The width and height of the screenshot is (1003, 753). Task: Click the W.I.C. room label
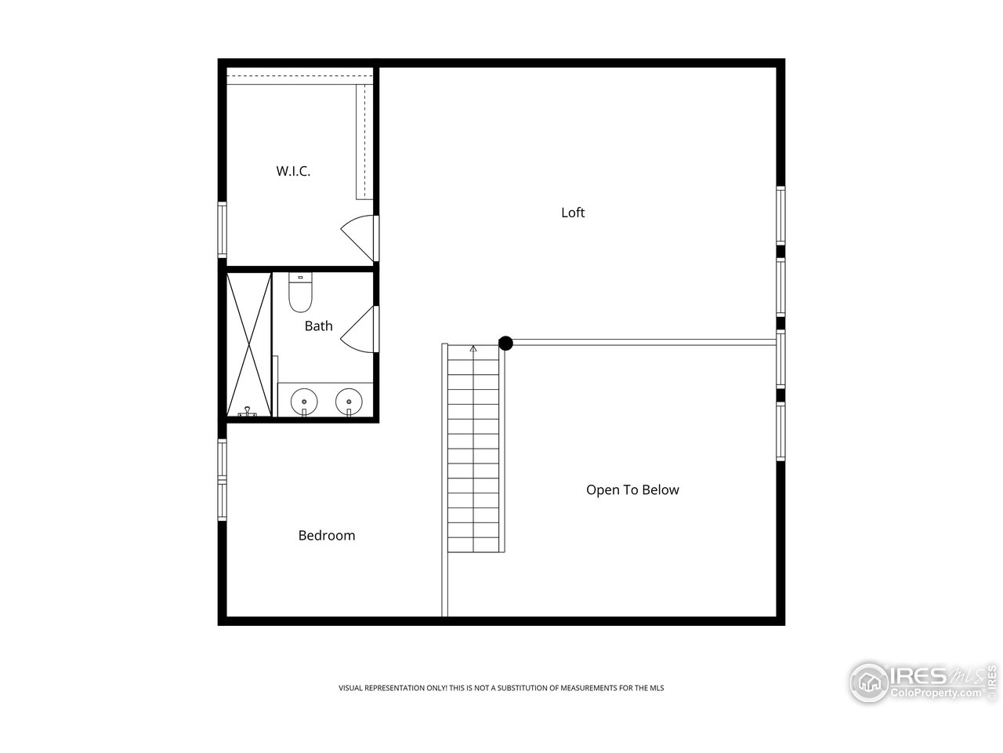pyautogui.click(x=293, y=171)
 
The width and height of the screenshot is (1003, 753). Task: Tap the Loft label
pyautogui.click(x=573, y=213)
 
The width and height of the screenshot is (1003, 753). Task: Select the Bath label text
pyautogui.click(x=318, y=326)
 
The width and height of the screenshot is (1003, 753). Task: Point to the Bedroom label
pyautogui.click(x=327, y=536)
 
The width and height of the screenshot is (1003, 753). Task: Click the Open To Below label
pyautogui.click(x=632, y=490)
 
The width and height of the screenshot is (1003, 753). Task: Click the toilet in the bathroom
pyautogui.click(x=300, y=292)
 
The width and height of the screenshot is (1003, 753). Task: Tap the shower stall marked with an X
pyautogui.click(x=248, y=344)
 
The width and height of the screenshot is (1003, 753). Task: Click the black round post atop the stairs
pyautogui.click(x=506, y=343)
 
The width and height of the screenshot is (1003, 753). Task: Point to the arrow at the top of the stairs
pyautogui.click(x=473, y=348)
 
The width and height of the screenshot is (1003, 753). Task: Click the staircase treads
pyautogui.click(x=473, y=455)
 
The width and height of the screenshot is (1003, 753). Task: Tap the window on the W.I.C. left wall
pyautogui.click(x=223, y=229)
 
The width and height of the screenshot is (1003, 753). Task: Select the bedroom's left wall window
pyautogui.click(x=223, y=479)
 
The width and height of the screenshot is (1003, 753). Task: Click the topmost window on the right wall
pyautogui.click(x=780, y=214)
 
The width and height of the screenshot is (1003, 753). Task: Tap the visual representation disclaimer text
pyautogui.click(x=501, y=688)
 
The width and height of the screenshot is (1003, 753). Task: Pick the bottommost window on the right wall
pyautogui.click(x=780, y=431)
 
